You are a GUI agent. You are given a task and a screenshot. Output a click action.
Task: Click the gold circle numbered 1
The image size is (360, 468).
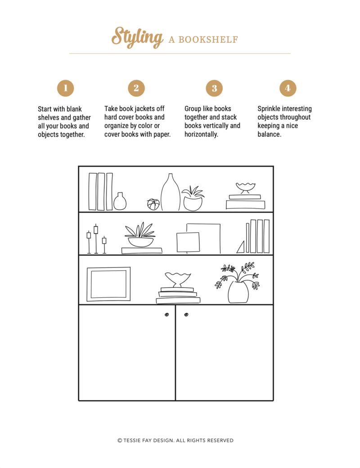tap(65, 88)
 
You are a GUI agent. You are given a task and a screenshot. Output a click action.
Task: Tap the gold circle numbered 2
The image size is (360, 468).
tap(136, 88)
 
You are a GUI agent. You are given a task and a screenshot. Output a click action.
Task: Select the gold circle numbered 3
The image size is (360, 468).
tap(214, 88)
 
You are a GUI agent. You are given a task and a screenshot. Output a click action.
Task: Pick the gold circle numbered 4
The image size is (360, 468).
tap(288, 88)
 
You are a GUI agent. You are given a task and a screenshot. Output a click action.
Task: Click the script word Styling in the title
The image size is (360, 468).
tap(137, 37)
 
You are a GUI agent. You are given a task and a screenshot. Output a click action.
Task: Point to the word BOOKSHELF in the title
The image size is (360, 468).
tap(208, 40)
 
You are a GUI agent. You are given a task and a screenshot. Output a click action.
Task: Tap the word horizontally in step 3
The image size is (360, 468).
tap(201, 134)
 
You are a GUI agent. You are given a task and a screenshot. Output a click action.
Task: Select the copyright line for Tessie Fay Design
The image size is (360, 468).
tap(175, 440)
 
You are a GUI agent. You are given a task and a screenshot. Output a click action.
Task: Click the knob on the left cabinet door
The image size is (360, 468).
tap(166, 315)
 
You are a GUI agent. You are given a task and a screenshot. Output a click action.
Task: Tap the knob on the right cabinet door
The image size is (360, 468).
tap(186, 315)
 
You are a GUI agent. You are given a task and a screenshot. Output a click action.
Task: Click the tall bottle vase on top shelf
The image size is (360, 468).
tap(171, 192)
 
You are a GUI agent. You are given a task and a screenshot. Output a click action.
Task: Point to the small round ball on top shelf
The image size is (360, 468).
tap(153, 205)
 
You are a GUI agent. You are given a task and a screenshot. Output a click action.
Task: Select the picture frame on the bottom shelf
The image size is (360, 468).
tap(109, 284)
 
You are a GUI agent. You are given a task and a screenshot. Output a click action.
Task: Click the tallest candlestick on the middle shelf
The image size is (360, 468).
tap(96, 239)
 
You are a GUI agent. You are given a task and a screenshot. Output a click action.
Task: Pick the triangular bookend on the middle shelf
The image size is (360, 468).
tap(241, 247)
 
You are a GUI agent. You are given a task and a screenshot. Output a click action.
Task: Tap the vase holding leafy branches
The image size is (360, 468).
tap(238, 292)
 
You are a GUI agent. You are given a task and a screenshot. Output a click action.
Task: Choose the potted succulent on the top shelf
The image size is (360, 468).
tap(193, 198)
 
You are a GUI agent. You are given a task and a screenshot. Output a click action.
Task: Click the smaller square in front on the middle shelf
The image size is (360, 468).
tap(188, 242)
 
